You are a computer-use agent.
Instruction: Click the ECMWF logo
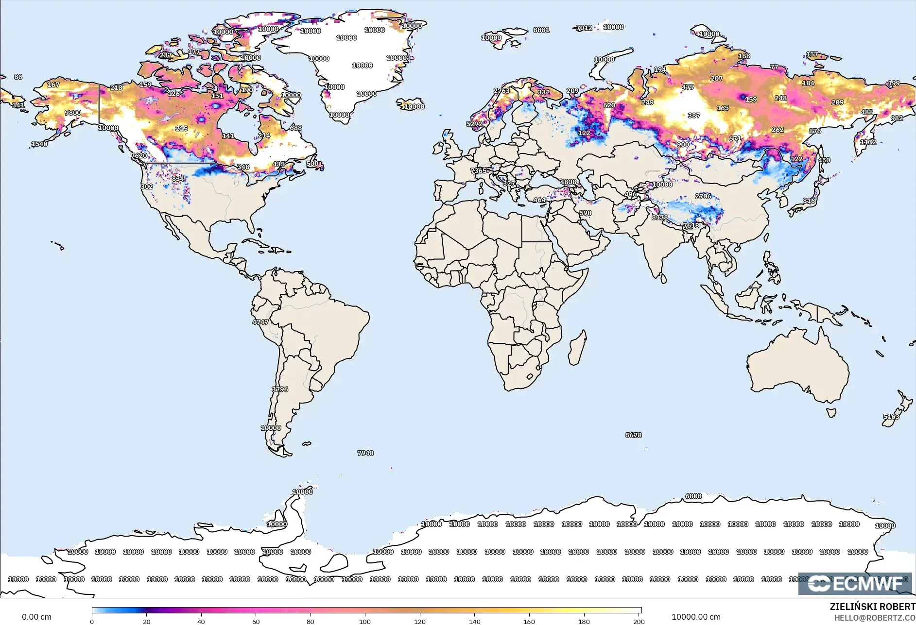855,583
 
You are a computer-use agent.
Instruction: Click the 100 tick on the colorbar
365,621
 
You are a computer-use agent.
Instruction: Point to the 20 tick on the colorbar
146,621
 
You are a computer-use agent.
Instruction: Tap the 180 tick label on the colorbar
584,621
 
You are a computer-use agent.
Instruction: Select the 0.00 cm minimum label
36,617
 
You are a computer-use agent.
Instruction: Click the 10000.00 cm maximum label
696,617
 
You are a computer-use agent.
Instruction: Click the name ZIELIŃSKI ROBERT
872,607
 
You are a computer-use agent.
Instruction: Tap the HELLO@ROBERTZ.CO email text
875,618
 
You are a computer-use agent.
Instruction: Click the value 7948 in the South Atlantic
365,453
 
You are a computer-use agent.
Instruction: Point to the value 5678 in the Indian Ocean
634,435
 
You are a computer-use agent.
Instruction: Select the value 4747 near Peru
260,322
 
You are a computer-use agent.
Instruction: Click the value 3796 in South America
280,389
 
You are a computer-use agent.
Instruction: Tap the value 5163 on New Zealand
891,417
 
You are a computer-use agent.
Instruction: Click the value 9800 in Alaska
73,113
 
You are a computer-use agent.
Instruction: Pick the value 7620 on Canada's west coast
139,155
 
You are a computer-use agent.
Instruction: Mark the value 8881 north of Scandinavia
541,30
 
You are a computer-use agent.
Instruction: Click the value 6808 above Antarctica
693,496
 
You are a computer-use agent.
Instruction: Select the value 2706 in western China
703,196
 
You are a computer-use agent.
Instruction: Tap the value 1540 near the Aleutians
39,144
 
